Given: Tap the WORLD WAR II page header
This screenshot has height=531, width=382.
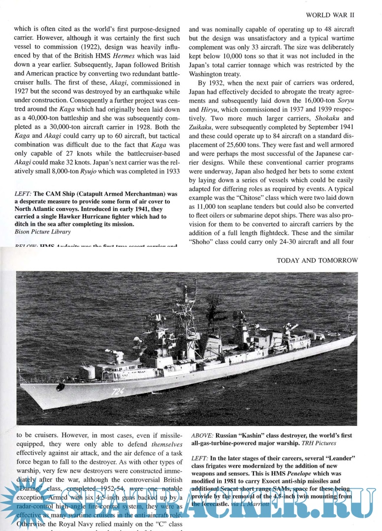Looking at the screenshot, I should coord(330,15).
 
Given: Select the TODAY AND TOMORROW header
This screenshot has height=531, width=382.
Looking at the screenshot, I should coord(317,261).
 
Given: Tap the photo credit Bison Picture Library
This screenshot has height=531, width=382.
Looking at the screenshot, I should coord(42,231).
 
